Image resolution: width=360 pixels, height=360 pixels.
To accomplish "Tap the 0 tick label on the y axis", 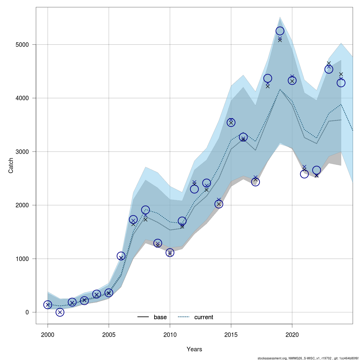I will [x=27, y=312].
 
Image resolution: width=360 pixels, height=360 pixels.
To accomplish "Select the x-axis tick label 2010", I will [x=170, y=335].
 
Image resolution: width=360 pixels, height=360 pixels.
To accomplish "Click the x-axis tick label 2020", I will [x=292, y=335].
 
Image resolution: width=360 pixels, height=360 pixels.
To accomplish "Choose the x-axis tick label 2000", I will [x=48, y=335].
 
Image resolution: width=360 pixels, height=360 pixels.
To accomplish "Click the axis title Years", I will [x=194, y=349].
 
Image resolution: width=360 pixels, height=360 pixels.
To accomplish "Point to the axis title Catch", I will [x=11, y=166].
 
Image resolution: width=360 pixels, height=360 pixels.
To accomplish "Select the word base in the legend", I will [x=160, y=317].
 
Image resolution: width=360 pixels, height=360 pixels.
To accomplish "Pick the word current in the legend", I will [x=204, y=317].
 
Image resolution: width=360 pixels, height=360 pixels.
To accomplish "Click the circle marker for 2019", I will [x=280, y=31].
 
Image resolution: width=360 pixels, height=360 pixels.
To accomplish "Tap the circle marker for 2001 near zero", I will [x=60, y=312].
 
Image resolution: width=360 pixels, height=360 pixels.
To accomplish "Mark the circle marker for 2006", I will [x=121, y=256].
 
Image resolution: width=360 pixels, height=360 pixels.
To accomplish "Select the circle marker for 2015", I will [x=231, y=122].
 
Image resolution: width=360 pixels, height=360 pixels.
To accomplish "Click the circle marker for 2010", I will [x=170, y=253].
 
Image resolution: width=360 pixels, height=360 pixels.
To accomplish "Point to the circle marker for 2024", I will [x=341, y=83].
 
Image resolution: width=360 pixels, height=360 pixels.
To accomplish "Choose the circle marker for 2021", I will [x=304, y=174].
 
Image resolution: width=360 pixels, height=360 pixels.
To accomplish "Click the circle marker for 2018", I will [x=268, y=78].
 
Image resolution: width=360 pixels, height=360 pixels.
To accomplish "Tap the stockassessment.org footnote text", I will [x=308, y=358].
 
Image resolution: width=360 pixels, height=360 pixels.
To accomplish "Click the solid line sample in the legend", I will [x=143, y=317].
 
